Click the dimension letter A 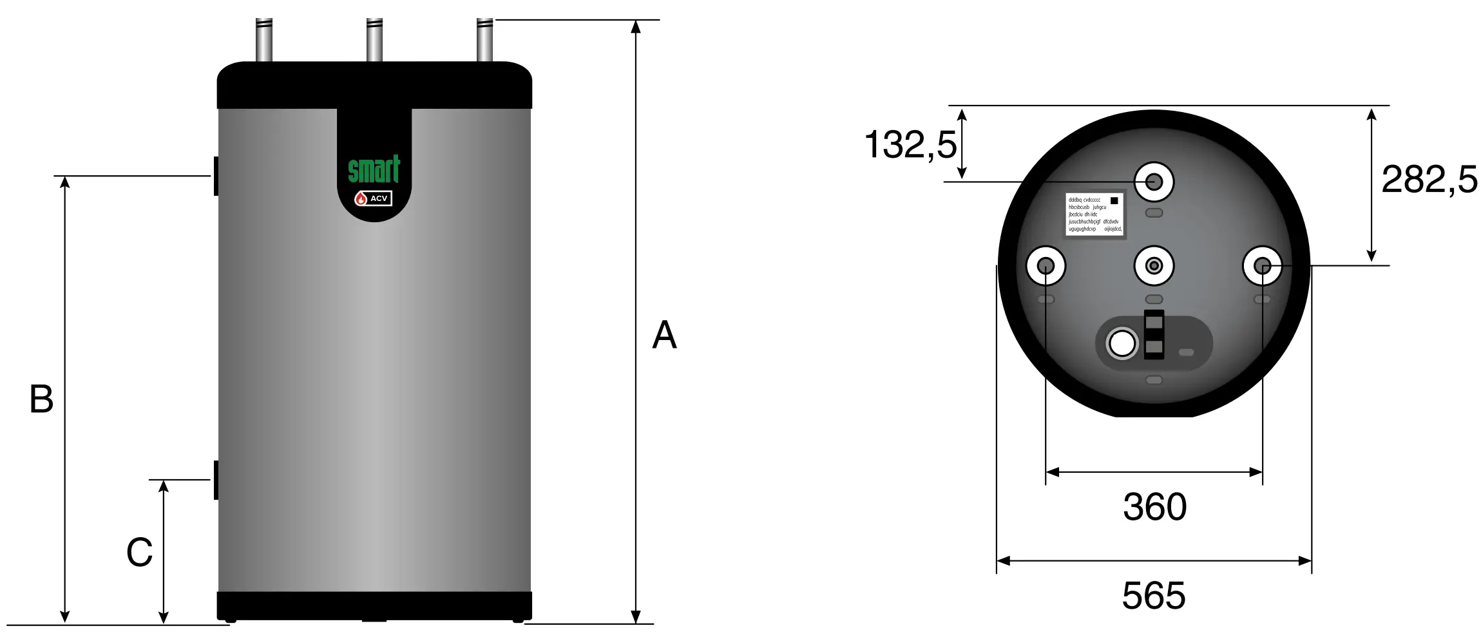tap(664, 335)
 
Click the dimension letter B tap(41, 399)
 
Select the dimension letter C tap(139, 552)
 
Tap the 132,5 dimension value tap(910, 144)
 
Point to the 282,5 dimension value tap(1429, 179)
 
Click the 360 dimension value tap(1154, 507)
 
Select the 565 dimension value tap(1153, 596)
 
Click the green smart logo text tap(374, 170)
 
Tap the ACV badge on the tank tap(374, 198)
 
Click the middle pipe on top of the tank tap(374, 40)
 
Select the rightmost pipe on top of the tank tap(484, 40)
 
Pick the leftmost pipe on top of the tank tap(263, 40)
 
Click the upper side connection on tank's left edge tap(216, 176)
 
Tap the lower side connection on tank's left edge tap(216, 480)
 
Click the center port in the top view tap(1154, 265)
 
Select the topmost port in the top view tap(1154, 182)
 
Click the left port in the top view tap(1045, 265)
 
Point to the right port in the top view tap(1262, 265)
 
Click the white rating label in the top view tap(1094, 214)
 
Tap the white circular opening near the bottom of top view tap(1122, 343)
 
